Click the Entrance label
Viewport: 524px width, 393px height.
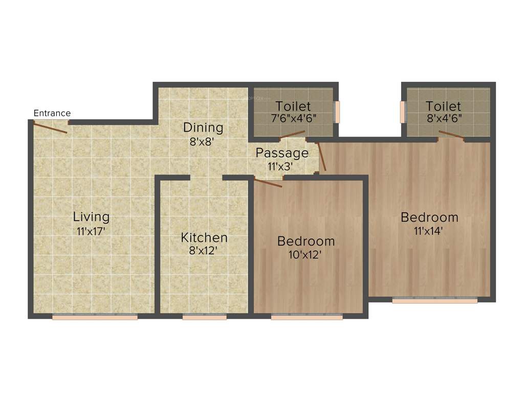click(52, 113)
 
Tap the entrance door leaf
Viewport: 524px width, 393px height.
click(50, 127)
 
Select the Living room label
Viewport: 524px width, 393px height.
click(91, 216)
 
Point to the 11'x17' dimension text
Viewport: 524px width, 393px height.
click(91, 231)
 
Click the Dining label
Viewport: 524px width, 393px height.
click(203, 127)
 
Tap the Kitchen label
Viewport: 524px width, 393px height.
click(204, 237)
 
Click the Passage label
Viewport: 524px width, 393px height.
click(282, 153)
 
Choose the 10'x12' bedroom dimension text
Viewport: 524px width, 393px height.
click(306, 254)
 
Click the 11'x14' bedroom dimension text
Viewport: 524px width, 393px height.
click(429, 230)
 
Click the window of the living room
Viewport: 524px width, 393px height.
click(95, 317)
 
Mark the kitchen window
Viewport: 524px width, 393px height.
click(205, 317)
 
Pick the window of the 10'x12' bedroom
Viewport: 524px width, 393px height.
click(307, 317)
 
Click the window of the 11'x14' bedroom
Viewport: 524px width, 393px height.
click(435, 301)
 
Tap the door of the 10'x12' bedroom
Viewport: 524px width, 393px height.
click(268, 182)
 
